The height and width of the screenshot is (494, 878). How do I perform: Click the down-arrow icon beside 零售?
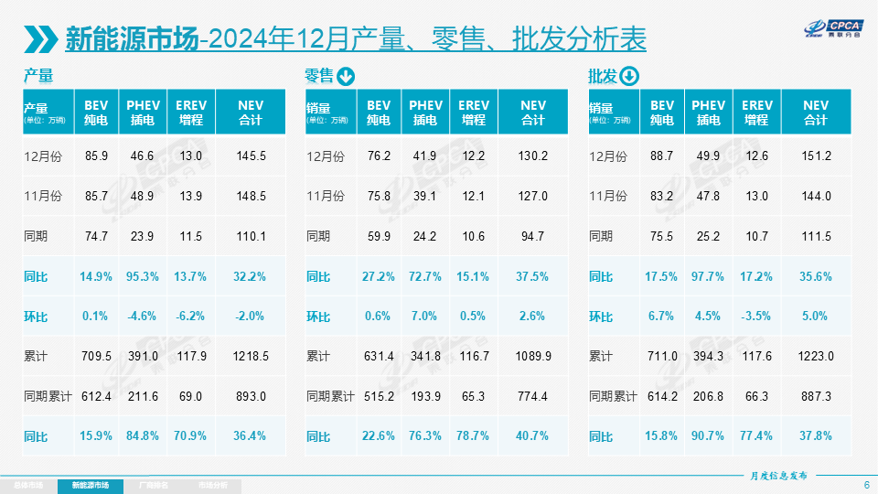346,76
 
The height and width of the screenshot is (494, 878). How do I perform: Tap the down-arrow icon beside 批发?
629,76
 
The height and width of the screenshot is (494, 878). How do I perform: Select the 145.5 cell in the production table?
251,156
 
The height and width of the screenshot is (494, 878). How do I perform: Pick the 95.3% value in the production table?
143,276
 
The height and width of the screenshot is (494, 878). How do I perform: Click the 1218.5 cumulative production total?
251,357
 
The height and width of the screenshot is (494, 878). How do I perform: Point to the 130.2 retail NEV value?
533,156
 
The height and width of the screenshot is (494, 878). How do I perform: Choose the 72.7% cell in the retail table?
425,276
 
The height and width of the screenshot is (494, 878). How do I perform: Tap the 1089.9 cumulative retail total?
533,357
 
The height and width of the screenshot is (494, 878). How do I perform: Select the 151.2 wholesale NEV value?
816,156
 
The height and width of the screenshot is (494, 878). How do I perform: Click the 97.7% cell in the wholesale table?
708,276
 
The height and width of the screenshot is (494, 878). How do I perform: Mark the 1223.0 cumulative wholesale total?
816,357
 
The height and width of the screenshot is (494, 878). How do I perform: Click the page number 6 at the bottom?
865,485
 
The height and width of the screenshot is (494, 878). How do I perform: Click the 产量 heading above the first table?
38,76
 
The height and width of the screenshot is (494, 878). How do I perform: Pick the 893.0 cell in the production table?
251,397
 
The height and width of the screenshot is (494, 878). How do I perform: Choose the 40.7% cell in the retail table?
533,436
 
